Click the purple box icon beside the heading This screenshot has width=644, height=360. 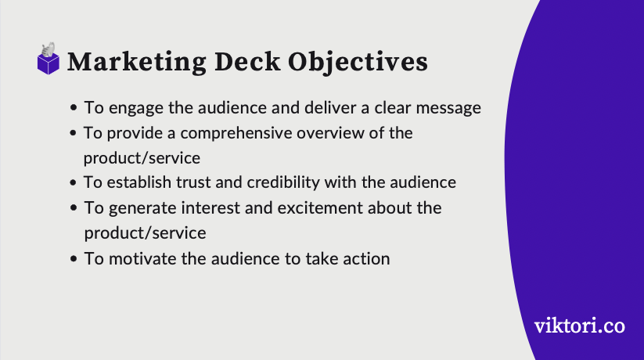click(49, 61)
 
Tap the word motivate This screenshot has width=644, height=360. click(137, 258)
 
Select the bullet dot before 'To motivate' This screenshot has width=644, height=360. click(74, 259)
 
